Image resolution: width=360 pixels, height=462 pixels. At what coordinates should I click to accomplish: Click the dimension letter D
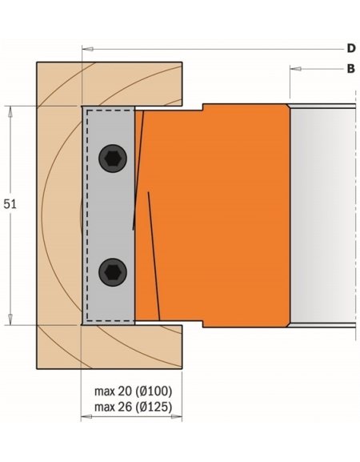coord(350,49)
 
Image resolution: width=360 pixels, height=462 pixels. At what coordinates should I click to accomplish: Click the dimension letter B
coord(350,70)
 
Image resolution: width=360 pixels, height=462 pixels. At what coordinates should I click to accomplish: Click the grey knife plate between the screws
coord(111,216)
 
